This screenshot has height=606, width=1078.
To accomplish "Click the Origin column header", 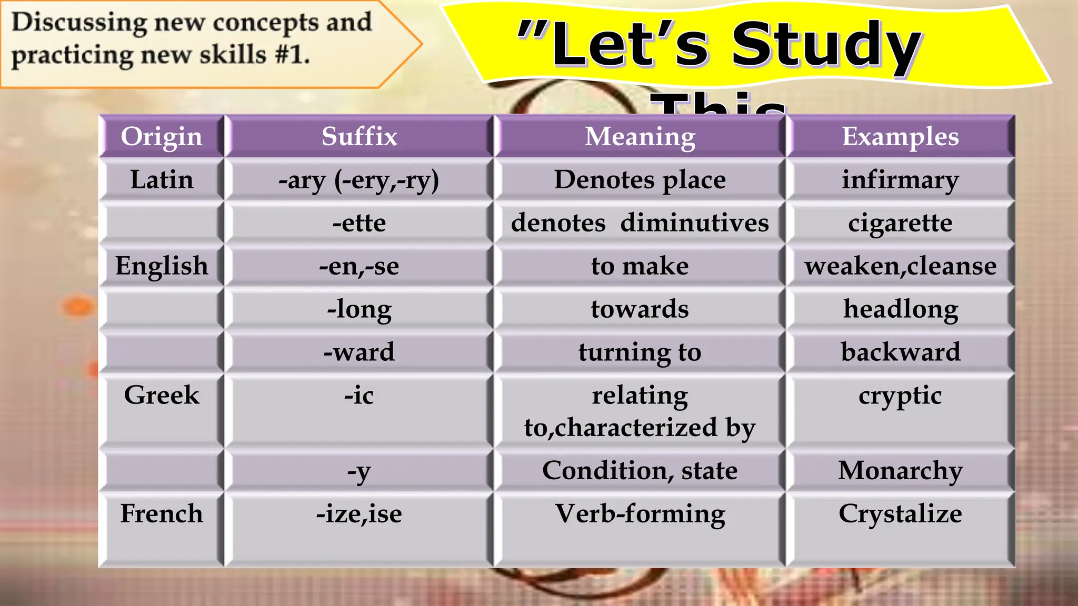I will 161,137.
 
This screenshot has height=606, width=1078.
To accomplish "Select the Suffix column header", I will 359,137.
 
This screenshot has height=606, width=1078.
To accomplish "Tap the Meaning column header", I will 640,137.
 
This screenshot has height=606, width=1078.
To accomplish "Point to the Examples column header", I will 900,137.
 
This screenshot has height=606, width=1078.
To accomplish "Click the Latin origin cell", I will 161,180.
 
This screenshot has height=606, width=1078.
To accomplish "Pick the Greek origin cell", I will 161,395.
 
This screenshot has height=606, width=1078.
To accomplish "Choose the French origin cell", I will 161,513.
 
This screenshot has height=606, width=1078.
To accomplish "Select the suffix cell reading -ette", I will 359,223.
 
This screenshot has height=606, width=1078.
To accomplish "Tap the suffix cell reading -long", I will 359,309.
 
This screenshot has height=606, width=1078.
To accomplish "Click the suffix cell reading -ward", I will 359,352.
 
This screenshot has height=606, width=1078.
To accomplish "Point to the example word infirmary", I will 900,180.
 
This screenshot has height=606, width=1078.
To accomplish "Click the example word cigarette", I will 900,223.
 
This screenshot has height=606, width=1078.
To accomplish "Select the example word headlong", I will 900,309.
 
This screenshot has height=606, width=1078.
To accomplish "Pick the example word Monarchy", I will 900,471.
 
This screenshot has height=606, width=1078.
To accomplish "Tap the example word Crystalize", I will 900,513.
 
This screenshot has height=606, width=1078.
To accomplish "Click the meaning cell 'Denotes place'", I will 640,180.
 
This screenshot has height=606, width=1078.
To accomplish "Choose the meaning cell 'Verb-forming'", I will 640,513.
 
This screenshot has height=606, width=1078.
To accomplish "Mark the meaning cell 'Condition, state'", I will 640,471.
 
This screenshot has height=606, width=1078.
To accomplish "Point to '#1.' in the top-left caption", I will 292,55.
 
